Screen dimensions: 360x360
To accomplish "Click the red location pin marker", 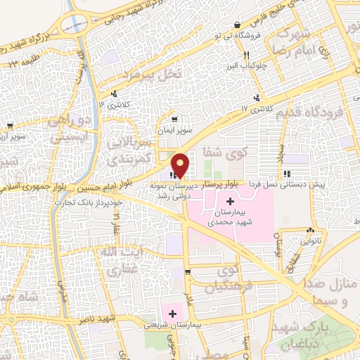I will [x=181, y=165].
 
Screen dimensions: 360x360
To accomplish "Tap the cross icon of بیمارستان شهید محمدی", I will [x=229, y=203].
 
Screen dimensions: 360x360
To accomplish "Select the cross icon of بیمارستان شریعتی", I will [x=172, y=310].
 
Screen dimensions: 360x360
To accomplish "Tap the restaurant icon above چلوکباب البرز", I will [x=246, y=56].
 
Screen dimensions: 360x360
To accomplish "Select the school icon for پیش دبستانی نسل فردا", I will [x=286, y=174].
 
